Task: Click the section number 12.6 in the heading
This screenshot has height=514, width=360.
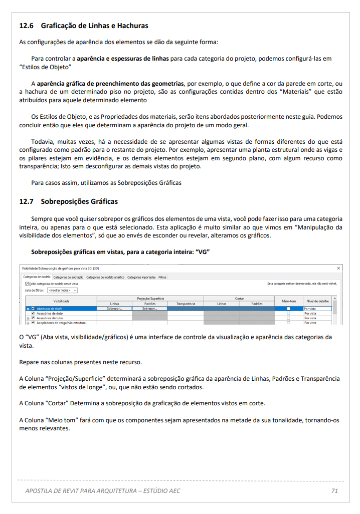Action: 26,26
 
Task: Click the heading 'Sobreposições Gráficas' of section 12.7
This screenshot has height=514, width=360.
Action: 79,201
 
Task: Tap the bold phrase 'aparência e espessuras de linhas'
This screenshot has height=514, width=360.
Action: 123,59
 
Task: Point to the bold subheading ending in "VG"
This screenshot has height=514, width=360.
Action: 120,252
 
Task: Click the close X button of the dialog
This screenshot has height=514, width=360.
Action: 338,269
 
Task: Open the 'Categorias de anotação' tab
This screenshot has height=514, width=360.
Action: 68,277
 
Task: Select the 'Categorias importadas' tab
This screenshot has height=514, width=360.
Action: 141,277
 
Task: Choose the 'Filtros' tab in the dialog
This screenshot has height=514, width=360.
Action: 162,277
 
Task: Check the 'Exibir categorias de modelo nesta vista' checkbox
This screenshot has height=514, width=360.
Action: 27,284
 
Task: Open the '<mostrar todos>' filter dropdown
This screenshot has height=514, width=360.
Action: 63,290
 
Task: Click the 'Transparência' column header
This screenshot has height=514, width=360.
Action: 185,304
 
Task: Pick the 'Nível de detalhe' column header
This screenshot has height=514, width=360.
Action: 317,301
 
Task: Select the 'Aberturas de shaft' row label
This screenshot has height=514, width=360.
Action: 49,309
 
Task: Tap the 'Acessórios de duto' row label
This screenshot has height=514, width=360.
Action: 49,314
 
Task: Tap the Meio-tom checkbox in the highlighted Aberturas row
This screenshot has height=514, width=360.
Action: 288,309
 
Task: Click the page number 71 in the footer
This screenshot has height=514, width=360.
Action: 334,490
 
